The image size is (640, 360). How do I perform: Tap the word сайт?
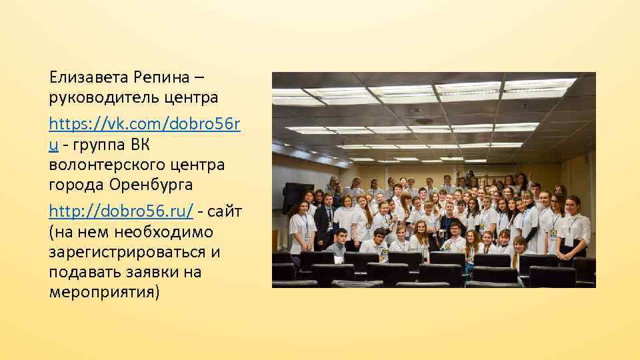(x=227, y=211)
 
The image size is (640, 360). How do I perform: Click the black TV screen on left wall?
(x=293, y=196)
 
